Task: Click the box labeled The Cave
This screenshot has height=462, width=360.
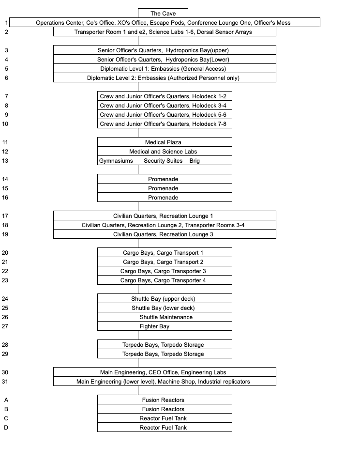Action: point(163,14)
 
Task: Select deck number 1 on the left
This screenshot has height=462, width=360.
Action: point(6,23)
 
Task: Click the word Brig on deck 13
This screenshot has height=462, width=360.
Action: point(195,161)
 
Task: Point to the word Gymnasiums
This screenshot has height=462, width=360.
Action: point(116,161)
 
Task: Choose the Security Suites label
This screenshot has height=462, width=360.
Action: point(163,161)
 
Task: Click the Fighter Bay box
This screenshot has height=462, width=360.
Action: point(155,326)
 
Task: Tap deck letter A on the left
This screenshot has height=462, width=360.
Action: point(6,400)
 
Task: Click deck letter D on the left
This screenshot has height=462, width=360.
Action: point(6,428)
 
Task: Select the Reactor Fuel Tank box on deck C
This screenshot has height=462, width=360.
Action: point(163,418)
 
